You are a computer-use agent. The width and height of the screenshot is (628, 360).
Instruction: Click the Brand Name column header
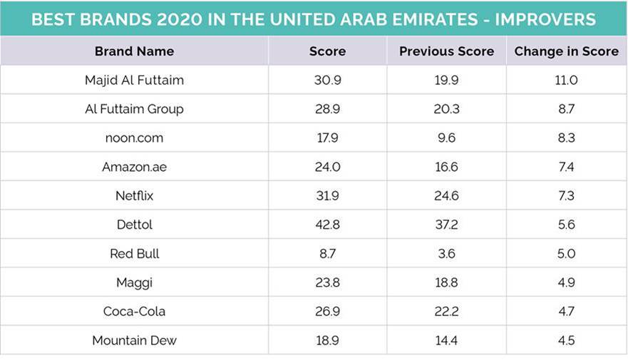(134, 51)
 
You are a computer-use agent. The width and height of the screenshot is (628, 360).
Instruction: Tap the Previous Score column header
(446, 51)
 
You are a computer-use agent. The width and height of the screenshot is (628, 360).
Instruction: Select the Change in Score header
(566, 51)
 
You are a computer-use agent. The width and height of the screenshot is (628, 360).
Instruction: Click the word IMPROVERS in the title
(545, 19)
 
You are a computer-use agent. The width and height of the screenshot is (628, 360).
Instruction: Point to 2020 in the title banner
(179, 19)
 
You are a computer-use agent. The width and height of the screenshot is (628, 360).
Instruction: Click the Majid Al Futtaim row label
(134, 80)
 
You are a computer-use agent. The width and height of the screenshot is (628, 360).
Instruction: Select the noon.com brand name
(134, 138)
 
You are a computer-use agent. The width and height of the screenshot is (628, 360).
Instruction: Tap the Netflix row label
(134, 195)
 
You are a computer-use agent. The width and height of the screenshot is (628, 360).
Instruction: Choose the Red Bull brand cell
(134, 254)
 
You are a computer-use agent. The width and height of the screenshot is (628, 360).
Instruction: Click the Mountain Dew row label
(134, 340)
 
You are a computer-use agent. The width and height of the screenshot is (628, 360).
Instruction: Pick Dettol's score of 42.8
(327, 225)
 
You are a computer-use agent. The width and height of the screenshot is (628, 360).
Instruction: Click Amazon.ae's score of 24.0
(327, 167)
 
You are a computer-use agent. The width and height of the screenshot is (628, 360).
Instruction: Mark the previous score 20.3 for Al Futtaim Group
(446, 109)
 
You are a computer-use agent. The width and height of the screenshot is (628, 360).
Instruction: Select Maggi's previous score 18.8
(446, 282)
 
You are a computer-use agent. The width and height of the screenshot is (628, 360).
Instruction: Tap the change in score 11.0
(566, 80)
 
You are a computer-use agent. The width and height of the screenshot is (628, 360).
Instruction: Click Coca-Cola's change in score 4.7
(566, 311)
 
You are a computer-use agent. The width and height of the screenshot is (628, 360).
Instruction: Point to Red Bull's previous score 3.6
(446, 254)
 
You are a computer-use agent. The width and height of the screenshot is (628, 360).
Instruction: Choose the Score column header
(327, 51)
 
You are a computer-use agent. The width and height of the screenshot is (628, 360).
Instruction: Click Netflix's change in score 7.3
(566, 195)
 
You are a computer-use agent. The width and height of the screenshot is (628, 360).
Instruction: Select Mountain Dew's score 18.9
(327, 340)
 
